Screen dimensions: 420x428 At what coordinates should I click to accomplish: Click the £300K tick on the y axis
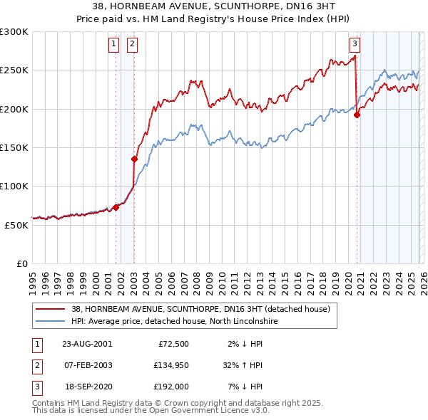14,32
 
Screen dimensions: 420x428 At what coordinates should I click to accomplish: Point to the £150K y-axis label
14,147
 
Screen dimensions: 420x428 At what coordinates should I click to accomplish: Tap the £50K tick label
17,225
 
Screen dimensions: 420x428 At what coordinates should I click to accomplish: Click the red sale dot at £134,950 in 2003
134,159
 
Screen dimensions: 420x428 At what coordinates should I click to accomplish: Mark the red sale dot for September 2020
357,115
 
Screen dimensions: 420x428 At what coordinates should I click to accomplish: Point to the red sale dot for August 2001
116,207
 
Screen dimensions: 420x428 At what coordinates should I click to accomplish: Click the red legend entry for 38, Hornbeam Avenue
200,310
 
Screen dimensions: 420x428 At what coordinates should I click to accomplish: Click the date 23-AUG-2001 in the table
87,343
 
